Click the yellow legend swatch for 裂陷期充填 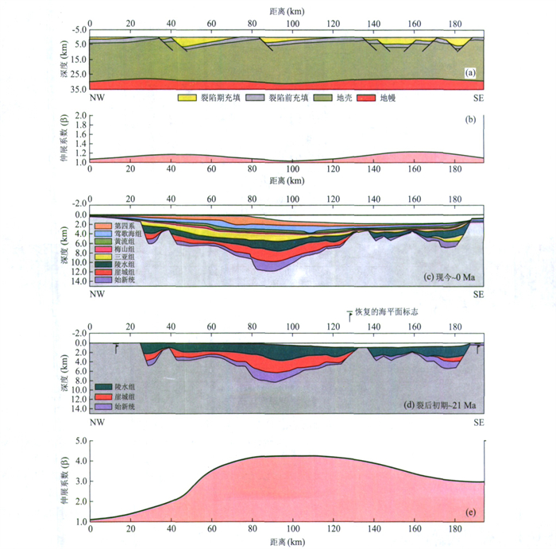click(187, 99)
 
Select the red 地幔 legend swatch click(365, 99)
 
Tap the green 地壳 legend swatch click(322, 99)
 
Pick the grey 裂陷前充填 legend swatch click(254, 99)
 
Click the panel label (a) click(469, 73)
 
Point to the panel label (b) click(469, 120)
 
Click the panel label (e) click(469, 510)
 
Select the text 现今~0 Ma click(450, 276)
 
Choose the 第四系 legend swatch click(102, 226)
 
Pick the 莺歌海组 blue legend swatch click(102, 234)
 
